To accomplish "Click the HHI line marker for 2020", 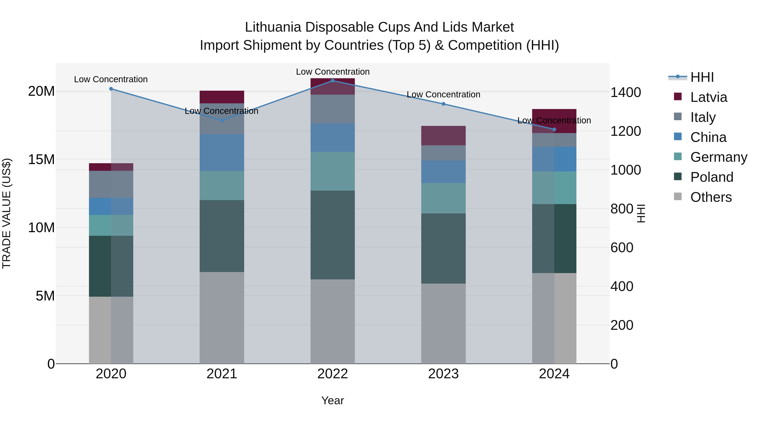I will point(111,89).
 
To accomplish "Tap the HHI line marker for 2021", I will point(222,120).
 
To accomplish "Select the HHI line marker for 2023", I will point(443,104).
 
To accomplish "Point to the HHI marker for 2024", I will point(554,129).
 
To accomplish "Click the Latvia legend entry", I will point(708,97).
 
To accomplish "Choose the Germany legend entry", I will point(718,157).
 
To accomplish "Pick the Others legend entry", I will point(711,197).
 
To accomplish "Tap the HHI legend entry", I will point(702,77).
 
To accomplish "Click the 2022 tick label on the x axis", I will point(333,374).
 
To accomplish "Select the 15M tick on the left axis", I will point(41,159).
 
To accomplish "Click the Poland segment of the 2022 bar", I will point(333,235).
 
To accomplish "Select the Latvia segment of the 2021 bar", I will point(222,97).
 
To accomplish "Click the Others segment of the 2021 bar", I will point(222,318).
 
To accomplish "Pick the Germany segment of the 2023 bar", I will point(443,198).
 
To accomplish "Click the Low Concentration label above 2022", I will point(333,72).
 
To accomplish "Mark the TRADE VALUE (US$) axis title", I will point(7,213).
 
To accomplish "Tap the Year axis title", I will point(333,400).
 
